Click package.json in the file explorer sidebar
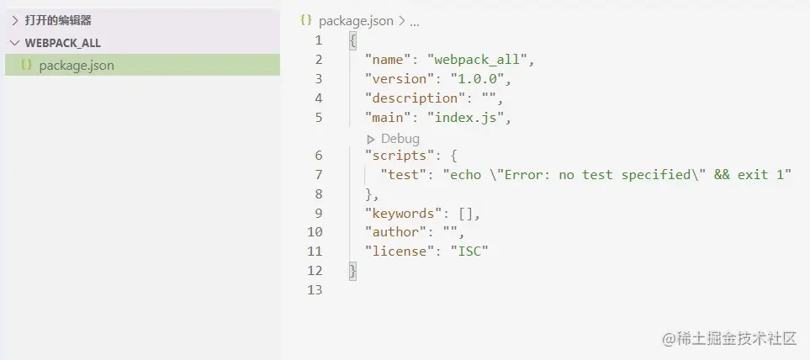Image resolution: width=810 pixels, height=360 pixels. click(77, 66)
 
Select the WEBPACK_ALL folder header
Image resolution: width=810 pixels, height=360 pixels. click(63, 43)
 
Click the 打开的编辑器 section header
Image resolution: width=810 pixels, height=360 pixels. click(58, 20)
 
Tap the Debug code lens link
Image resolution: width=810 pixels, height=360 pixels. click(400, 138)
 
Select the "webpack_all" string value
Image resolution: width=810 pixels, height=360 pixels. click(480, 60)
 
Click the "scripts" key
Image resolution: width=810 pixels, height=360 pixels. click(396, 156)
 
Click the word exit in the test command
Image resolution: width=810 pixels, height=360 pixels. click(753, 175)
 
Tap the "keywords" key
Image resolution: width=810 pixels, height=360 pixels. click(400, 214)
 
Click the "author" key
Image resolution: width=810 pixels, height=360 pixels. click(392, 232)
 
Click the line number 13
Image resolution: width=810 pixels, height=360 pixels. click(315, 290)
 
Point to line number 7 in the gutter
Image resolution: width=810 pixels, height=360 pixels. click(318, 175)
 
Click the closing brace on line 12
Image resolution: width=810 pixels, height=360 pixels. click(352, 271)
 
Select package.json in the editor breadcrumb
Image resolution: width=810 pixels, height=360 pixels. click(355, 21)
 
